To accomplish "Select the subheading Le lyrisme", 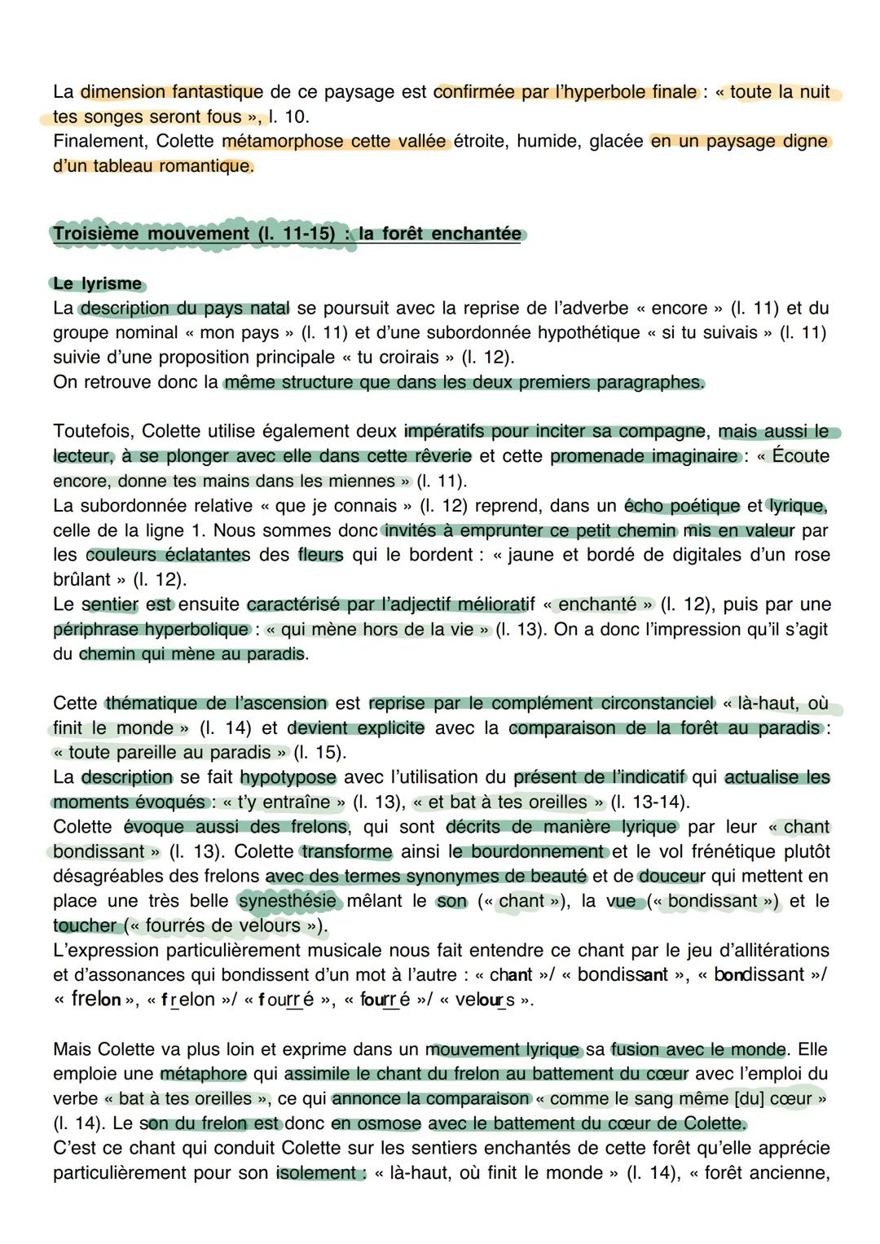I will tap(97, 284).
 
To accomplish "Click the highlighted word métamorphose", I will tap(271, 141).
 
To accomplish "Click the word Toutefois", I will tap(92, 431).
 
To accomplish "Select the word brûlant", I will tap(81, 579).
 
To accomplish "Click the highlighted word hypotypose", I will tap(288, 777).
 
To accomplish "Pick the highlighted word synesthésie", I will tap(287, 901).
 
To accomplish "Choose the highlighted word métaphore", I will tap(203, 1074).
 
